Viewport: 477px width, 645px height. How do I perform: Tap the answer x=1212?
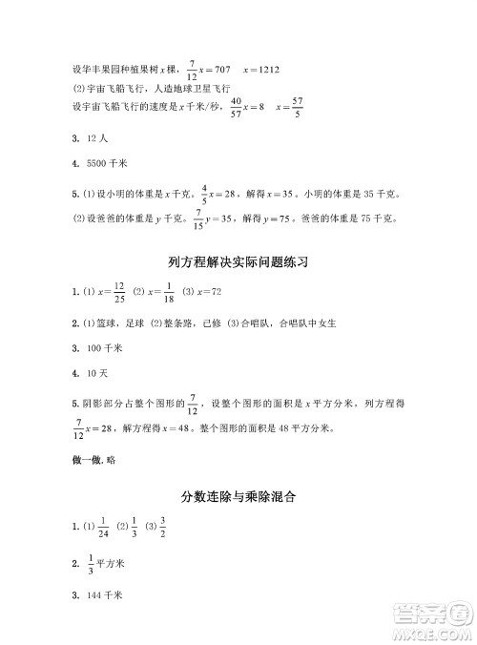pyautogui.click(x=261, y=69)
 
